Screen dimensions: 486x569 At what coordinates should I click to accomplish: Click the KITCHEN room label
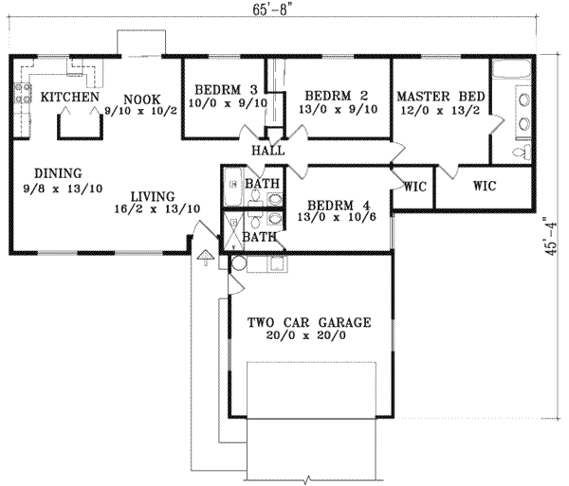point(69,98)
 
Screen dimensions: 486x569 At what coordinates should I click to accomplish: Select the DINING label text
point(58,173)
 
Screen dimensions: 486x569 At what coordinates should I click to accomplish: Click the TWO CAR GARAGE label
point(309,322)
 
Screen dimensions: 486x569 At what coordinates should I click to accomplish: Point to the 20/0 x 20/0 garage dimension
point(309,336)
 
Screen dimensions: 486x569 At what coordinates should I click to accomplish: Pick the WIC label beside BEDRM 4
point(413,187)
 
